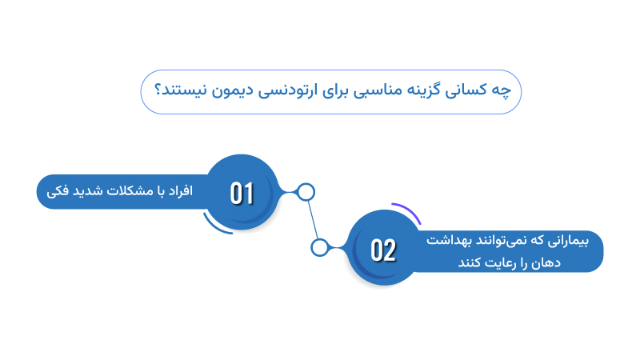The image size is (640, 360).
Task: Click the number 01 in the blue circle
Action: [242, 193]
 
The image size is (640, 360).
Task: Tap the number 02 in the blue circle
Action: [383, 250]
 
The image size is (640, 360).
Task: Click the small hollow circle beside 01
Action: [306, 193]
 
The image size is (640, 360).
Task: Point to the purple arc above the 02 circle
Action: [409, 210]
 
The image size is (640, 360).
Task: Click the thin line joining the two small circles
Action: [313, 220]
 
